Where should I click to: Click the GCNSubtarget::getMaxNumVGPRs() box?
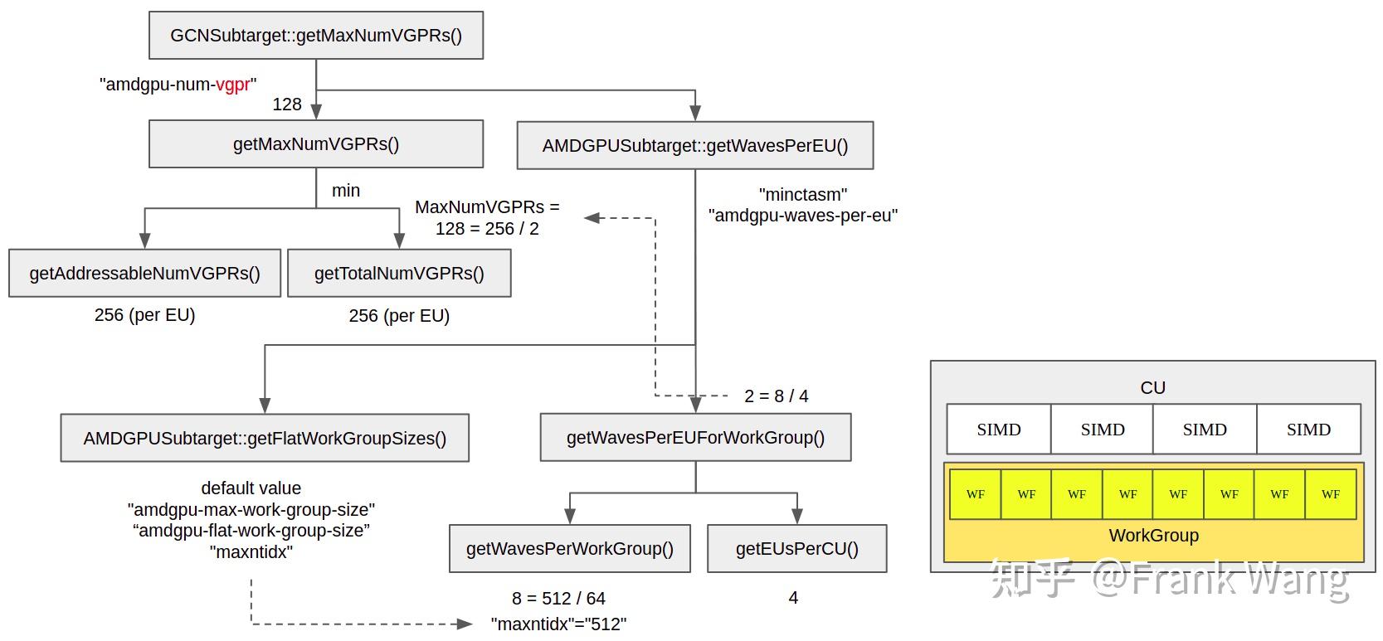(x=315, y=35)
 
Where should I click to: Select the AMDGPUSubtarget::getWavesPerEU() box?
(x=695, y=146)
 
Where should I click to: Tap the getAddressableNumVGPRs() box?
(x=144, y=274)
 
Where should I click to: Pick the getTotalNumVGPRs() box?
(x=399, y=274)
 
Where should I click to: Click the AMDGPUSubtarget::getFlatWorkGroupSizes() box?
(x=265, y=438)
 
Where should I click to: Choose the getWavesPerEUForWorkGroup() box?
(x=695, y=437)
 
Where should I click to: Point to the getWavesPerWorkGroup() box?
(x=569, y=548)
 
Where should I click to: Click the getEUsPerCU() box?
(x=796, y=548)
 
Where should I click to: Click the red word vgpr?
(x=233, y=85)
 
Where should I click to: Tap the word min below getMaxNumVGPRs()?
(x=346, y=191)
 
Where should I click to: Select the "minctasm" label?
(x=802, y=194)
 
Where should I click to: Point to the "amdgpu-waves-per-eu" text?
(x=802, y=216)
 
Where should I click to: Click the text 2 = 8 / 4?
(x=776, y=396)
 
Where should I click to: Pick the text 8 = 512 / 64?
(x=558, y=599)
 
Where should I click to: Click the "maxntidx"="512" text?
(x=558, y=624)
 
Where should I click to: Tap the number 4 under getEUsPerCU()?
(x=793, y=598)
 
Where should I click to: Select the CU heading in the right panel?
(x=1152, y=387)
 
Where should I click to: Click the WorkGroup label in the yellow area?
(x=1153, y=536)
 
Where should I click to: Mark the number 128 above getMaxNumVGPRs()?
(x=287, y=104)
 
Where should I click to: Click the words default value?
(x=251, y=488)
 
